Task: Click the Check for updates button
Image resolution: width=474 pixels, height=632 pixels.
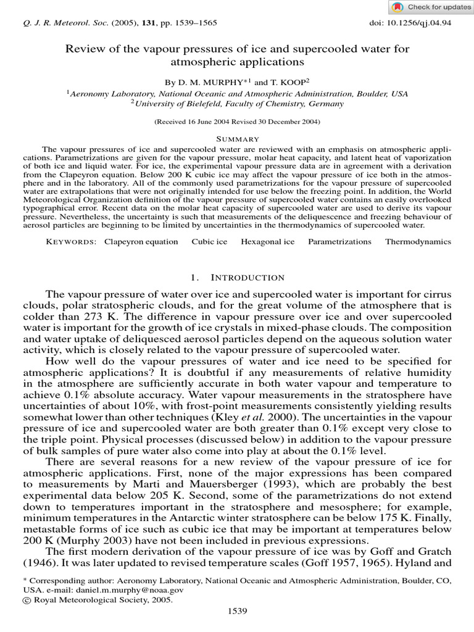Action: tap(430, 7)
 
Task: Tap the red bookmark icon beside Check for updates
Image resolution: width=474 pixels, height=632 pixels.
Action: tap(398, 7)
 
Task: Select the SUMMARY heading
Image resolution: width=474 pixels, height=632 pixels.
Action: tap(237, 139)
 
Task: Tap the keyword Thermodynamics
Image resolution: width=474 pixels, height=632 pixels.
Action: tap(418, 241)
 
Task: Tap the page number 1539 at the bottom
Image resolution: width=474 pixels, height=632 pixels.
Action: tap(237, 611)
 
